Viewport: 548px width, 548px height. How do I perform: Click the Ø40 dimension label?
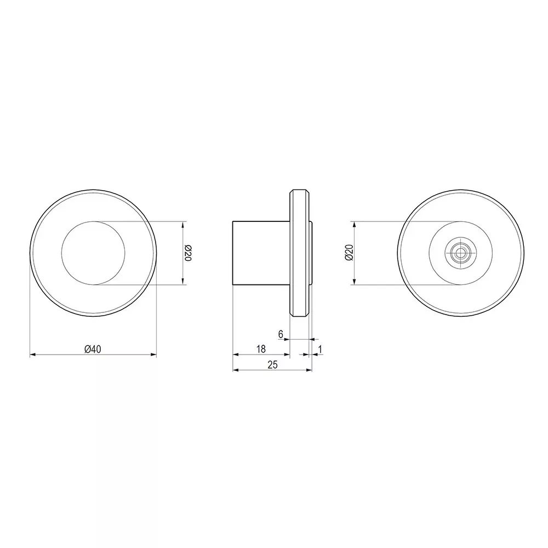click(x=93, y=349)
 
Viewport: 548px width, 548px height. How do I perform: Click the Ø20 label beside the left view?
click(x=188, y=253)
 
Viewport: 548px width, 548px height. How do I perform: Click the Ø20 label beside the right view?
click(x=349, y=252)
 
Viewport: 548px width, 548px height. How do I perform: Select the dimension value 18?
click(x=261, y=349)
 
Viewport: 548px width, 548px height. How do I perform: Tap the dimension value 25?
click(x=272, y=364)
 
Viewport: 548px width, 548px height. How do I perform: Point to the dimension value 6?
click(x=281, y=334)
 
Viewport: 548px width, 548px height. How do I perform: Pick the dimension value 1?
click(x=320, y=349)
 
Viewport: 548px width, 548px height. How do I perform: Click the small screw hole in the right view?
click(x=458, y=253)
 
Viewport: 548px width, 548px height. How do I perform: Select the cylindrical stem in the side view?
click(x=261, y=253)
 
